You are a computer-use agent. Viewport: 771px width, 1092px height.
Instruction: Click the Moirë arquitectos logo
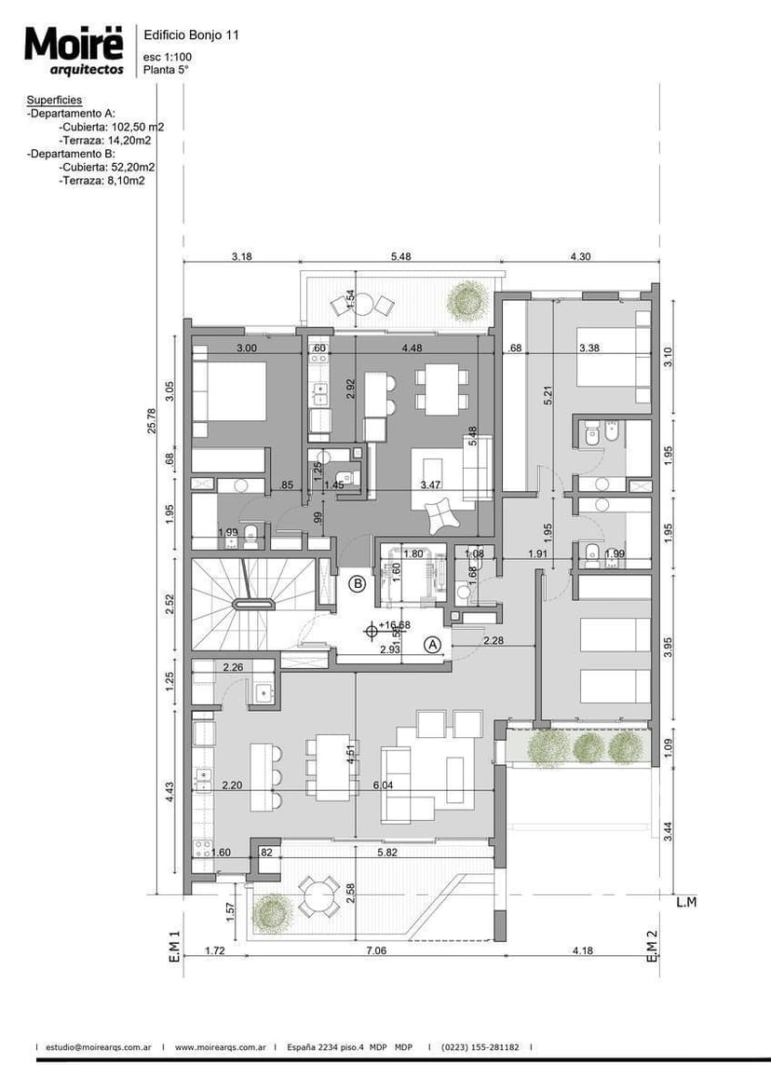click(74, 50)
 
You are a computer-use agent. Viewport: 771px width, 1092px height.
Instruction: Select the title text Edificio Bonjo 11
click(191, 34)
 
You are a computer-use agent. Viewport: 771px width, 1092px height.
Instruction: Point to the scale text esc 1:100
click(168, 57)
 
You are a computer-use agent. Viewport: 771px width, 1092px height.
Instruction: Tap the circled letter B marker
click(357, 585)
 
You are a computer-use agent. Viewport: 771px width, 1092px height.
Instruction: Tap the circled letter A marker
click(432, 643)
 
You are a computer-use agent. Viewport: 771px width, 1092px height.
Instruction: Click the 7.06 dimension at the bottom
click(375, 951)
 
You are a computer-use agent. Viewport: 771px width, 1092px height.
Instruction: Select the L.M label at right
click(686, 902)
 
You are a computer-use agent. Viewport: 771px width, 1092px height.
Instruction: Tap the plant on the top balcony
click(465, 300)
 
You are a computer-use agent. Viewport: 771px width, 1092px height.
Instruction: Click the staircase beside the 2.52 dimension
click(250, 604)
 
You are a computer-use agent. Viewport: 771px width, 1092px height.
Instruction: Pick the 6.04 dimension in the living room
click(382, 786)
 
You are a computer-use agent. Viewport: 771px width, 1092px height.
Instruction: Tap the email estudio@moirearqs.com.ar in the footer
click(99, 1047)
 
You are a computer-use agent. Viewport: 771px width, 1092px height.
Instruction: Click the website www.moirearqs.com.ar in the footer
click(220, 1047)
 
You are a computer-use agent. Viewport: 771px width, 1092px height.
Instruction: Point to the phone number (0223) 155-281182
click(480, 1047)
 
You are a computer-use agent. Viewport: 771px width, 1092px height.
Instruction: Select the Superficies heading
click(54, 100)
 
